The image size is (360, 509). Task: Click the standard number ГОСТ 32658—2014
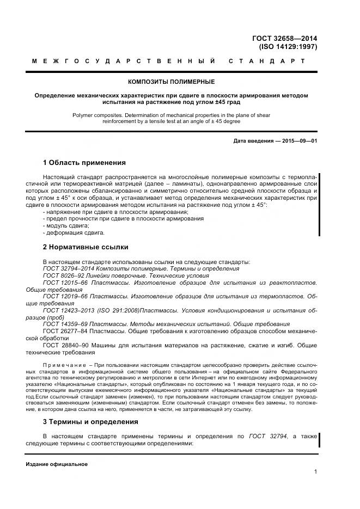(x=284, y=39)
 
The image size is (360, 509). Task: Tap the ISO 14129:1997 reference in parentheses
(x=288, y=47)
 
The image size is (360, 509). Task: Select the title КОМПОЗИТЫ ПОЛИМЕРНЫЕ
(x=171, y=82)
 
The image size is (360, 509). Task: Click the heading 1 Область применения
(x=84, y=162)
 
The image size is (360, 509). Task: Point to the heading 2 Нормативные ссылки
(x=85, y=247)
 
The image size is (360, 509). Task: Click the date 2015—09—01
(x=298, y=142)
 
